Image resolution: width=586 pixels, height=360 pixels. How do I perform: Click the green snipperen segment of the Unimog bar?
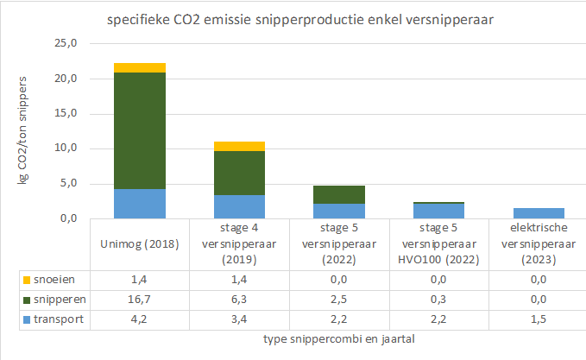(140, 130)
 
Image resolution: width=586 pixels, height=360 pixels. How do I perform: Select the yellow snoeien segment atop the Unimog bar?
(140, 67)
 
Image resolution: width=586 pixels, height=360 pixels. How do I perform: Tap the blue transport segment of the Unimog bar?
(140, 204)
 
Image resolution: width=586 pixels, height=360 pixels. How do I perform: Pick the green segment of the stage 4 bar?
(239, 173)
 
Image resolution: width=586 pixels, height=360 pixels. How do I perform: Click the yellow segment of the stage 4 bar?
(239, 146)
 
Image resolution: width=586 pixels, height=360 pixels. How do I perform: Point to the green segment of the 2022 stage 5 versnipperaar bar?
(338, 194)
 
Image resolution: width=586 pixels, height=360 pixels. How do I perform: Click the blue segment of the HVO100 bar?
(438, 212)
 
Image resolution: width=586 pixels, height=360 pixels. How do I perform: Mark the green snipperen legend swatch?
(28, 299)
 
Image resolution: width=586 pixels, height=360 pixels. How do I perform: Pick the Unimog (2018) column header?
(140, 243)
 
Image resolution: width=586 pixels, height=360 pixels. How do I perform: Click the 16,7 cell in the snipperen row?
(140, 299)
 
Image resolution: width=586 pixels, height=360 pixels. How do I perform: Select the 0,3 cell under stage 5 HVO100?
(438, 299)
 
